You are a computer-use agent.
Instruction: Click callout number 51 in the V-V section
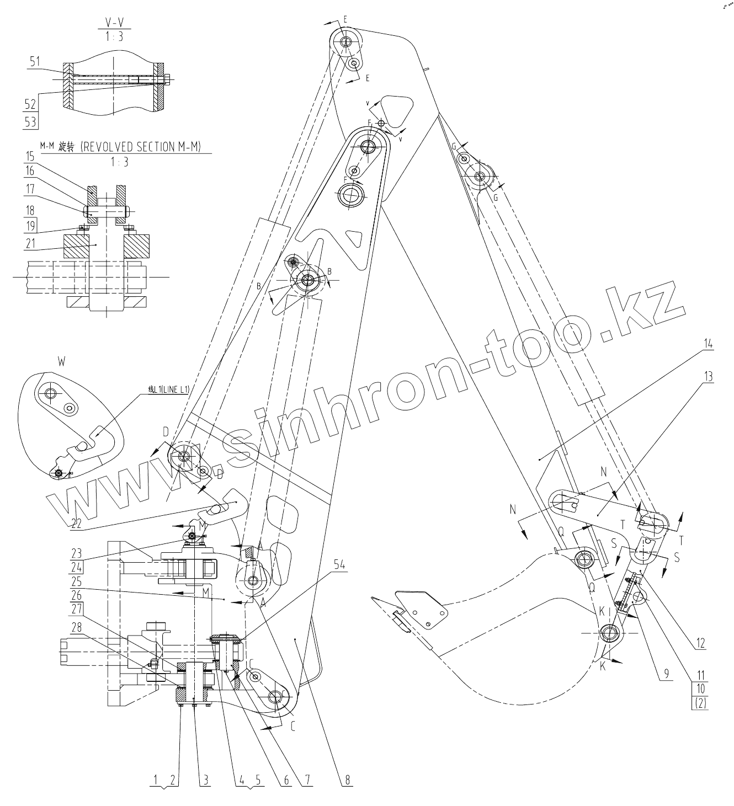point(34,62)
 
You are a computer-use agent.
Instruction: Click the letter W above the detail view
point(60,362)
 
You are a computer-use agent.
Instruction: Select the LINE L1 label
point(168,389)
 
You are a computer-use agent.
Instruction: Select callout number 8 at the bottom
point(347,780)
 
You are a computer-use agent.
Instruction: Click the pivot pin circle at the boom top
point(347,42)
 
